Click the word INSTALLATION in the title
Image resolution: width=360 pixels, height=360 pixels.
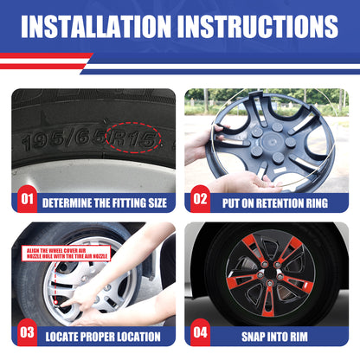pos(96,26)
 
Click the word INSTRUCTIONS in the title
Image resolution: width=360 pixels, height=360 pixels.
pos(258,26)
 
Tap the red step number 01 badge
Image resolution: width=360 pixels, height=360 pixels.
pos(27,199)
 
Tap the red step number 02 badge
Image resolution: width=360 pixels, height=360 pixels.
pos(200,199)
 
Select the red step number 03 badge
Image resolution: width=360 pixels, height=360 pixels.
pos(27,332)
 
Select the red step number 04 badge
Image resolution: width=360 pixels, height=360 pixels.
pos(200,332)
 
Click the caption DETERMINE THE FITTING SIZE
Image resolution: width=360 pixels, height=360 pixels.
pos(105,203)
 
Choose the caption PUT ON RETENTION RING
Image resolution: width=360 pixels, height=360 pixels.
pos(275,203)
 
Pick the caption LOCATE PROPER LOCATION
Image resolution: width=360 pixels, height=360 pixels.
pos(103,337)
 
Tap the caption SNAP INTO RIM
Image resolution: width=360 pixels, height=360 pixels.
pos(274,337)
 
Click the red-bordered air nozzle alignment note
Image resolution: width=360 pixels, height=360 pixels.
pos(67,254)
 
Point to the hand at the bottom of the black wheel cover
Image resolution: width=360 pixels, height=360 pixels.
pos(248,183)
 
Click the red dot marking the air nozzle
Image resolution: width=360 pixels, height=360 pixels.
pos(55,301)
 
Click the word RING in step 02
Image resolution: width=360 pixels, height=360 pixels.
pos(315,203)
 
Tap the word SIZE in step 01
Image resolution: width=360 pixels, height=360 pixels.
pos(157,203)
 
